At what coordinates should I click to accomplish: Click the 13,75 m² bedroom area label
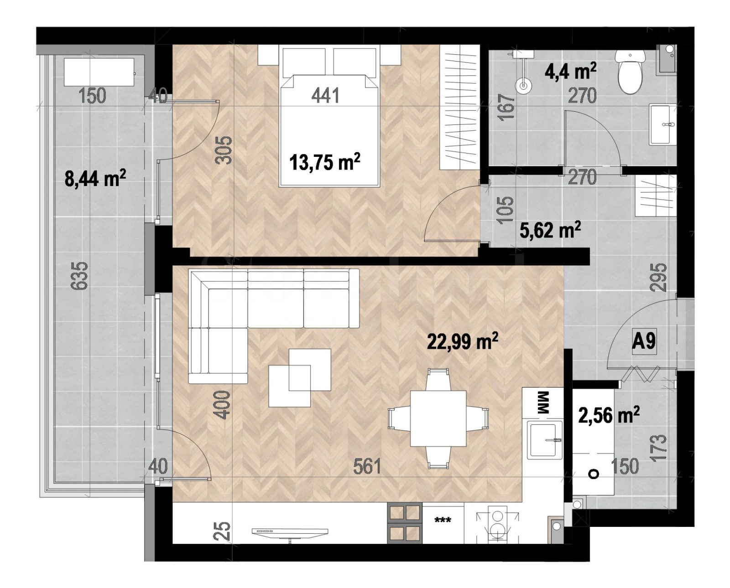tap(324, 162)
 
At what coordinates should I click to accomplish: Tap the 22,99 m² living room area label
tap(462, 340)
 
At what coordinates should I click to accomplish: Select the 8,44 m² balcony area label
tap(95, 178)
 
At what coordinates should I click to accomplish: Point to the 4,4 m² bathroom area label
tap(570, 72)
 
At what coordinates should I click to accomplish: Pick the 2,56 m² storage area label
tap(608, 415)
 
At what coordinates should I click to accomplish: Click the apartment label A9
tap(644, 340)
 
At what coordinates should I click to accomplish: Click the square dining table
tap(438, 418)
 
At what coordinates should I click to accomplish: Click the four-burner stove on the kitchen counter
tap(404, 522)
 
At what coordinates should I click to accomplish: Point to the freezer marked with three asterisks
tap(443, 522)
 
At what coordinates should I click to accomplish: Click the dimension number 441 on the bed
tap(325, 95)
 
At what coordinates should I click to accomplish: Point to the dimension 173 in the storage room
tap(660, 448)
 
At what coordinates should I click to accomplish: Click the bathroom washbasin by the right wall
tap(662, 124)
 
